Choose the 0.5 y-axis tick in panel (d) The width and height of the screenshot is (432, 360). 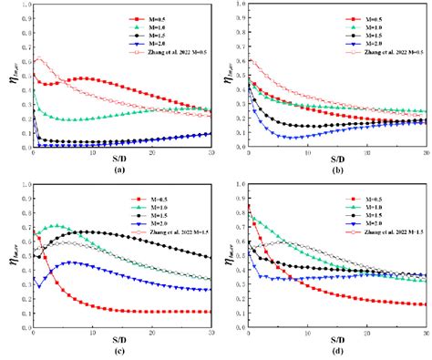coord(241,255)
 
